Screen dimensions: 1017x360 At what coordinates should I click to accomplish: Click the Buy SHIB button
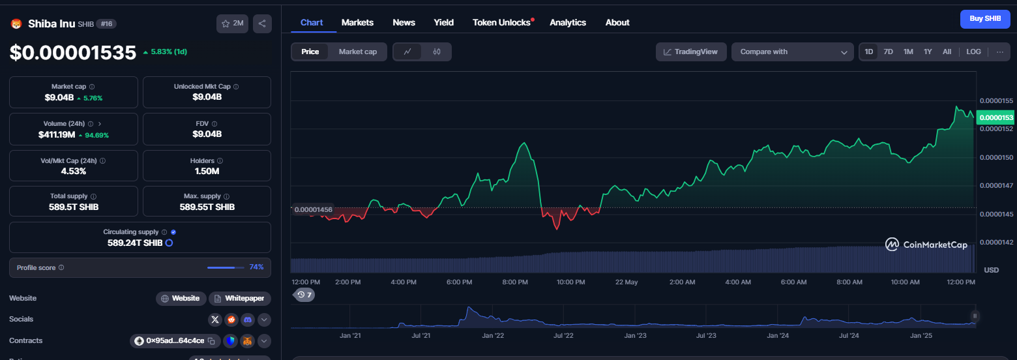[x=985, y=19]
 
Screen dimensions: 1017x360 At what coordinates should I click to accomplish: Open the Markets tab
[x=357, y=22]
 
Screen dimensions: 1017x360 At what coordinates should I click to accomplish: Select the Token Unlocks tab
[x=501, y=22]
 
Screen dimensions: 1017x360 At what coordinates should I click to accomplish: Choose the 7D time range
[x=888, y=52]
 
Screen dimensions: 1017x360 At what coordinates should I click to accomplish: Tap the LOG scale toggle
[x=973, y=52]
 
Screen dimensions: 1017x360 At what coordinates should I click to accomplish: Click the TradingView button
[x=690, y=52]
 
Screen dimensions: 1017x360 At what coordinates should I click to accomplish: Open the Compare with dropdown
[x=792, y=52]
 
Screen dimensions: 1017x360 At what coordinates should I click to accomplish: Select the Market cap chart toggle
[x=358, y=52]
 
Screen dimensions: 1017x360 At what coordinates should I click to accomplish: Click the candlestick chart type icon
[x=437, y=52]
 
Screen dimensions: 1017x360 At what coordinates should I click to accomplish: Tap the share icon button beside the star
[x=262, y=23]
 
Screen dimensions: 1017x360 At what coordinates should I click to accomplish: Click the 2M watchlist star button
[x=232, y=23]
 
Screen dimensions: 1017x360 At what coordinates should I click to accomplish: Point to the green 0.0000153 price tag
[x=996, y=117]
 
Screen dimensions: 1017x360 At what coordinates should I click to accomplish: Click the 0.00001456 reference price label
[x=314, y=210]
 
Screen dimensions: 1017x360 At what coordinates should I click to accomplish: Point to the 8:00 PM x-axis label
[x=515, y=282]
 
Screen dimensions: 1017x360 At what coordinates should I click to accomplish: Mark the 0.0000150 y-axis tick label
[x=996, y=158]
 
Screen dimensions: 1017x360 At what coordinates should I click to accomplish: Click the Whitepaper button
[x=240, y=298]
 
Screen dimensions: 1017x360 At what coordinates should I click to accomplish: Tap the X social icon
[x=214, y=320]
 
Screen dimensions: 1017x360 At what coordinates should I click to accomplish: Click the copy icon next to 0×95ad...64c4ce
[x=211, y=341]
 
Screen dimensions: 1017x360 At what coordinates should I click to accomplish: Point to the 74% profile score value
[x=256, y=267]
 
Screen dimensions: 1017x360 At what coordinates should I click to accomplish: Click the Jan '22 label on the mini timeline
[x=493, y=335]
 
